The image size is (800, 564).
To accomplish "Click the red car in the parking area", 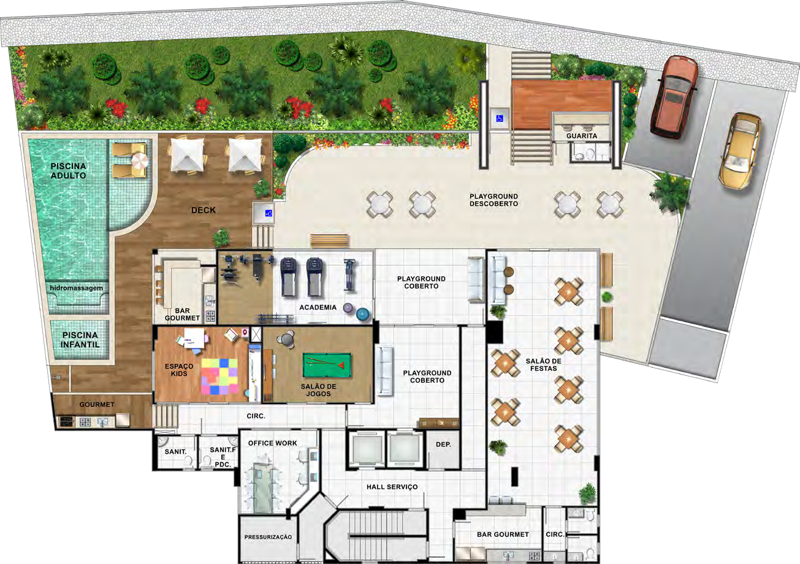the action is (x=674, y=97).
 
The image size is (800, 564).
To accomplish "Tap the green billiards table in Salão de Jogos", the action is (x=327, y=365).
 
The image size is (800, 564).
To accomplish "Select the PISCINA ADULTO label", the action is (x=68, y=171).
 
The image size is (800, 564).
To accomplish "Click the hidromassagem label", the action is (x=77, y=288).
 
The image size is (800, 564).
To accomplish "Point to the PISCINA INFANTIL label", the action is (x=80, y=340).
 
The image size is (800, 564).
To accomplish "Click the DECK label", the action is (x=203, y=210).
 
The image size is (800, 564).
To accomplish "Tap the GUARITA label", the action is (x=582, y=135).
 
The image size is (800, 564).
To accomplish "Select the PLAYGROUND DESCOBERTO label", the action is (x=493, y=200).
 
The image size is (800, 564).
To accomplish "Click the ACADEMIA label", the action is (x=318, y=307).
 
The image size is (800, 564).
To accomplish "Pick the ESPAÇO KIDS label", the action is (x=179, y=370).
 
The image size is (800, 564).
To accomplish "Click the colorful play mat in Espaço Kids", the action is (x=219, y=376).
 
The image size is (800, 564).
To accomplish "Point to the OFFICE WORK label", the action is (x=273, y=443).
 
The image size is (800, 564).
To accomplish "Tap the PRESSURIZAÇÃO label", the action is (x=268, y=537).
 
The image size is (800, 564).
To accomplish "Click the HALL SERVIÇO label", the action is (x=392, y=487).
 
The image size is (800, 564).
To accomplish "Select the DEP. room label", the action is (x=443, y=444).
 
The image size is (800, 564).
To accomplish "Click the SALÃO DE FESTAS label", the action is (x=543, y=365).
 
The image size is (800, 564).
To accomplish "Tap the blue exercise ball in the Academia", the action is (x=363, y=314).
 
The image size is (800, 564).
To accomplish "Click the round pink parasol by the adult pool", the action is (x=140, y=161).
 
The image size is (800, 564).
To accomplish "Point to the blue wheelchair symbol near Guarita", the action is (x=499, y=118).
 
